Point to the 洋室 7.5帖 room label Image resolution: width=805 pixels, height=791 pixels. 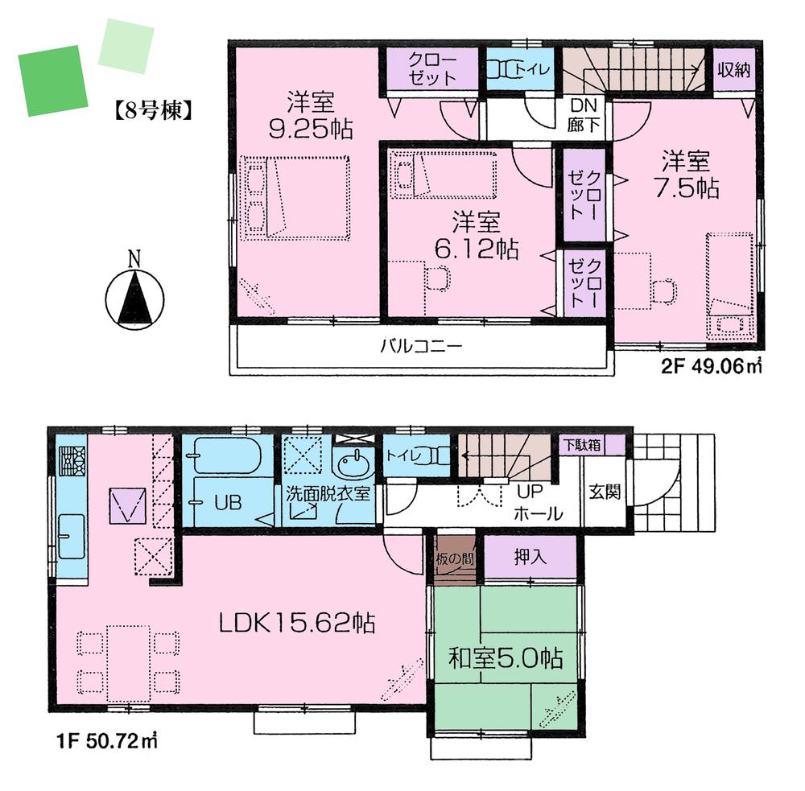(x=686, y=175)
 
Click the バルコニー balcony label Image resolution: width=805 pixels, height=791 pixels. (x=420, y=348)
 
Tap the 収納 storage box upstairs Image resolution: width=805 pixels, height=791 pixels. (x=733, y=69)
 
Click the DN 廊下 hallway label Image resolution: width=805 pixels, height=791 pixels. (x=582, y=114)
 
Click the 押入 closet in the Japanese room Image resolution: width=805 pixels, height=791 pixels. (x=529, y=556)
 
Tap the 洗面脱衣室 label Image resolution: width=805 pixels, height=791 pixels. (x=328, y=493)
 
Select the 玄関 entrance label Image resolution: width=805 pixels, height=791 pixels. (x=604, y=492)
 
